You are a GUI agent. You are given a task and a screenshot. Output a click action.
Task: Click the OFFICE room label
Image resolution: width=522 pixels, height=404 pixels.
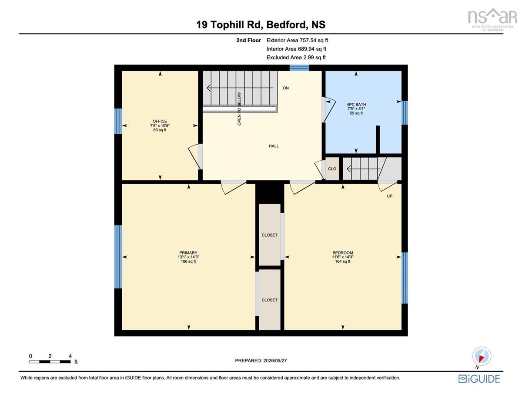pos(160,121)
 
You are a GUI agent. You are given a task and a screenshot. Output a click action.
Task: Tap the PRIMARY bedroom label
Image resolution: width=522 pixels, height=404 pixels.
pos(188,253)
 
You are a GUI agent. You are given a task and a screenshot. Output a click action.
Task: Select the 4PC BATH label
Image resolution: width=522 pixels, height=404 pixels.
pos(356,105)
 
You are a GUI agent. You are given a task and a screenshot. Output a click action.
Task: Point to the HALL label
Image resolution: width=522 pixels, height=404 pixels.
pos(274,146)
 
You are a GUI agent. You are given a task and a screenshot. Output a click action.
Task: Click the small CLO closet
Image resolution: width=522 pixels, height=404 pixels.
pos(332,169)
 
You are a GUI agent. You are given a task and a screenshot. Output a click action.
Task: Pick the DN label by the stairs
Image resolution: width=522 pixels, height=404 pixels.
pos(286,88)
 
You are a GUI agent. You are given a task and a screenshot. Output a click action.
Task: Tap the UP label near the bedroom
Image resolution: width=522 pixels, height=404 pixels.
pos(390,196)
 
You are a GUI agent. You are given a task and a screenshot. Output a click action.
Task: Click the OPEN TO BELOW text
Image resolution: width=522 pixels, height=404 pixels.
pos(239,109)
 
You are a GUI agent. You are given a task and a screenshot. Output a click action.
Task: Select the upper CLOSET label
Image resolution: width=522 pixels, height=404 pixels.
pos(270,235)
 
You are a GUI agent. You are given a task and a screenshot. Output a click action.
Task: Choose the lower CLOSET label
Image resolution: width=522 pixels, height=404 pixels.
pos(270,300)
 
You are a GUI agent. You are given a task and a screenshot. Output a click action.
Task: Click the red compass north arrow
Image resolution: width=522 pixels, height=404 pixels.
pos(482,359)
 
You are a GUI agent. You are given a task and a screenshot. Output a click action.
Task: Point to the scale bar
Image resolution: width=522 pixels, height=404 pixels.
pos(50,362)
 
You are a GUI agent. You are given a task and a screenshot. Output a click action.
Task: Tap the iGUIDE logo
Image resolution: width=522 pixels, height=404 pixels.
pos(479,379)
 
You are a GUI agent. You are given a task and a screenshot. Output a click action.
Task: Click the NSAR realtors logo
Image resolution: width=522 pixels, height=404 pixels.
pos(492,20)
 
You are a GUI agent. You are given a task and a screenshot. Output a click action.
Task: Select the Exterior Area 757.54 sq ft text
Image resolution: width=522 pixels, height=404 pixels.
pos(297,41)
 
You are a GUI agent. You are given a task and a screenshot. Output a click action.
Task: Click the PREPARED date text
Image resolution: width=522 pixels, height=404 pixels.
pos(261,360)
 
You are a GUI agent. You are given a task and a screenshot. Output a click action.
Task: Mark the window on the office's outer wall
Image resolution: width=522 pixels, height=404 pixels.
pos(118,121)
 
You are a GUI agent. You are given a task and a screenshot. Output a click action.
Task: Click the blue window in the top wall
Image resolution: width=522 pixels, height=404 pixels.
pos(299,68)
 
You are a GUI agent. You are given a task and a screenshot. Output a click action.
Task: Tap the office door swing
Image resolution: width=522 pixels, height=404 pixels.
pos(194,156)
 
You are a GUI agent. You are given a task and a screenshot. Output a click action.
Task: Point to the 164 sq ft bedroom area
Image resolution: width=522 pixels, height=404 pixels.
pos(343,261)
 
